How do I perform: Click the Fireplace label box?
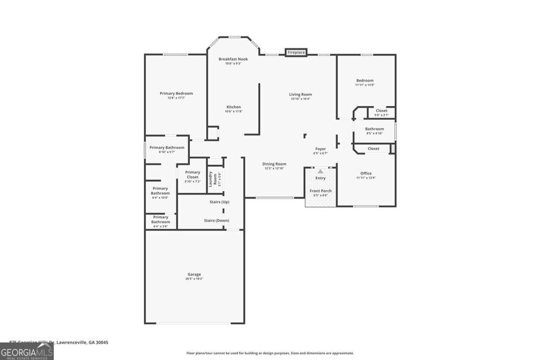[x=296, y=53]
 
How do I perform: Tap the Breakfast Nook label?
[x=233, y=59]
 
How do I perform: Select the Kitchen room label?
[x=233, y=107]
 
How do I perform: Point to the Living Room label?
[x=301, y=94]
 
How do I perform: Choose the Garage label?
[x=194, y=274]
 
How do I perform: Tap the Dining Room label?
[x=274, y=164]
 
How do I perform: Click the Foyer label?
[x=321, y=149]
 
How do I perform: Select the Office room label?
[x=366, y=173]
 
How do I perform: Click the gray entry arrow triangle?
[x=320, y=171]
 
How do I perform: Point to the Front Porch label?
[x=321, y=191]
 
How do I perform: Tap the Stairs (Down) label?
[x=216, y=220]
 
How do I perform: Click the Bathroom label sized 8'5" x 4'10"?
[x=374, y=129]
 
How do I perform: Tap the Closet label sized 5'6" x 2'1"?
[x=381, y=111]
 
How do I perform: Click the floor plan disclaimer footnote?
[x=269, y=353]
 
